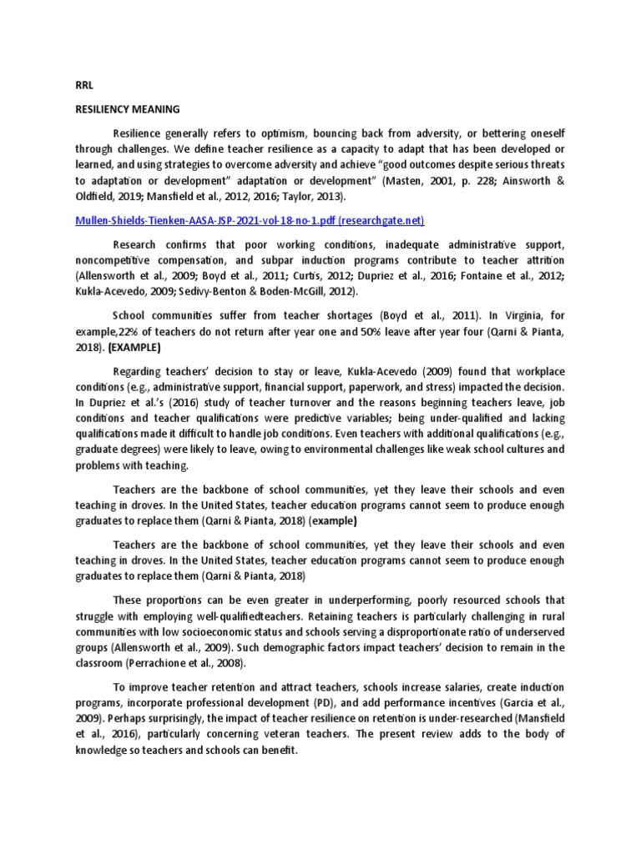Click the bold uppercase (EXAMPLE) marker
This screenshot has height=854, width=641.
point(137,347)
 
